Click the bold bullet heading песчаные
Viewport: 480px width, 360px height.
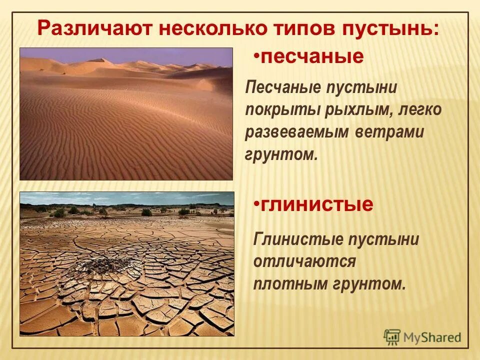tap(312, 57)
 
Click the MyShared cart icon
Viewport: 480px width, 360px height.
tap(392, 337)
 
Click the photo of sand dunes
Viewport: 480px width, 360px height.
tap(126, 113)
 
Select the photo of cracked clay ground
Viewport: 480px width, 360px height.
tap(127, 263)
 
